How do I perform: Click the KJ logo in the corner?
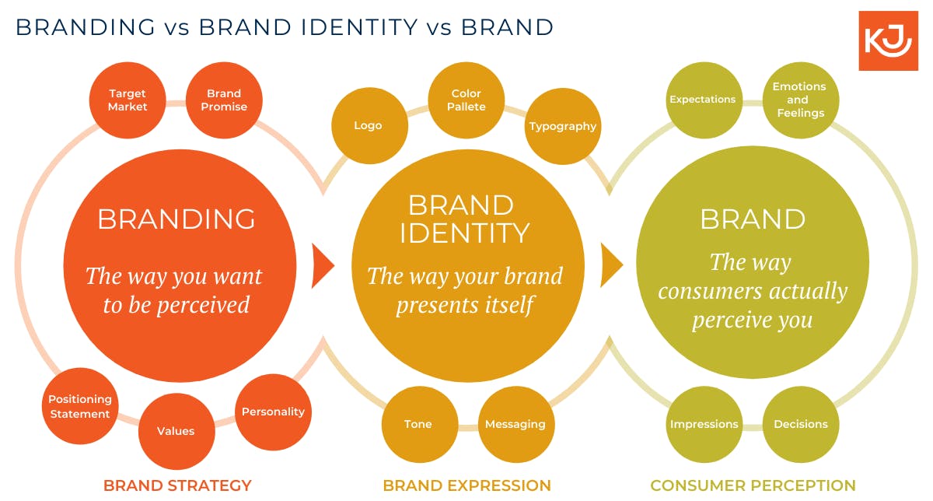coord(888,41)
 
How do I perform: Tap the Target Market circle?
coord(128,100)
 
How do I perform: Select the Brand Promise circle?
coord(224,100)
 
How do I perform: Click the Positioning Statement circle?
coord(80,406)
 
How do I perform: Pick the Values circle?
coord(176,431)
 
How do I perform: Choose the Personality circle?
coord(273,412)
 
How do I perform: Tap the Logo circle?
coord(369,125)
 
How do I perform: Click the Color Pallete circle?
coord(466,100)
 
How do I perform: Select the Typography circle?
coord(563,126)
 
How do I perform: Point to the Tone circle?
coord(418,424)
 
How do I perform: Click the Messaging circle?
coord(515,424)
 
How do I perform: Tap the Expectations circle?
coord(703,100)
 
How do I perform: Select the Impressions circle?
coord(704,424)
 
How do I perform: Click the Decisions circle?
coord(801,424)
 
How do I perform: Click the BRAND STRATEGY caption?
coord(177,485)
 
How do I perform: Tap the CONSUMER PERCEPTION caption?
coord(753,485)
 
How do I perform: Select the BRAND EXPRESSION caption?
coord(466,485)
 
